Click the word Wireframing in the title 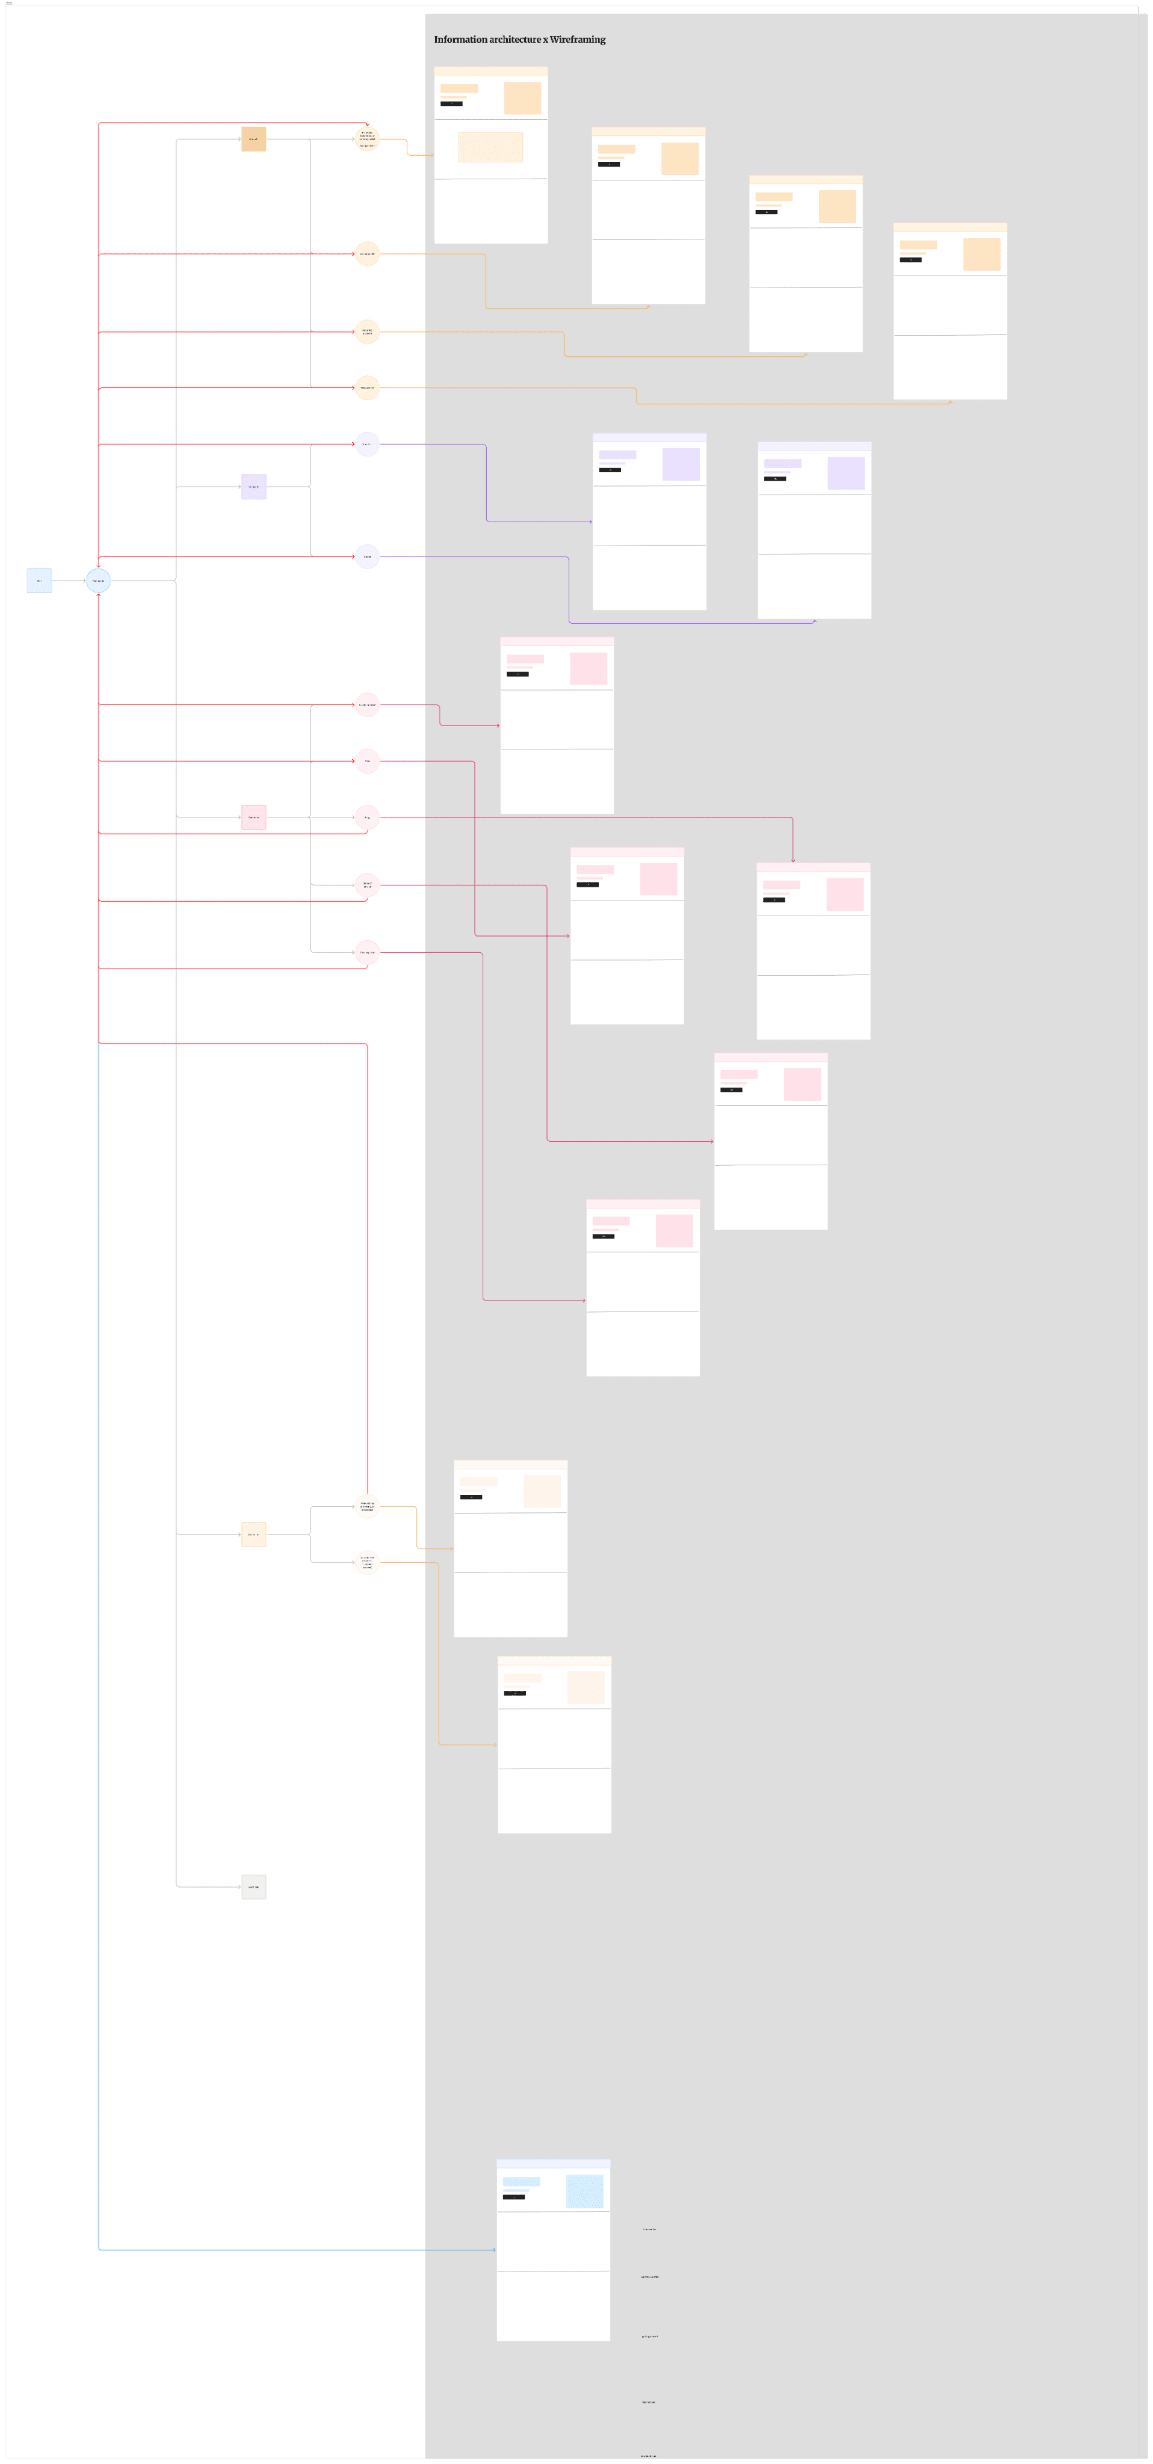[x=577, y=39]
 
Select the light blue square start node [x=39, y=581]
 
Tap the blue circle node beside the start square [x=99, y=581]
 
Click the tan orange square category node [x=253, y=140]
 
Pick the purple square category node [x=253, y=487]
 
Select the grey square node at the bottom [x=253, y=1887]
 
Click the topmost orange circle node [x=368, y=140]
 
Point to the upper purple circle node [x=368, y=444]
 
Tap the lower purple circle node [x=368, y=556]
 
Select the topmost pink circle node [x=368, y=705]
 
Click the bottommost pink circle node [x=368, y=953]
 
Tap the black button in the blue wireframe [x=514, y=2197]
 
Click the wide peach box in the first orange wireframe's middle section [x=490, y=147]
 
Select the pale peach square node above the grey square [x=253, y=1534]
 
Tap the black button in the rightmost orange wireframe [x=910, y=260]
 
